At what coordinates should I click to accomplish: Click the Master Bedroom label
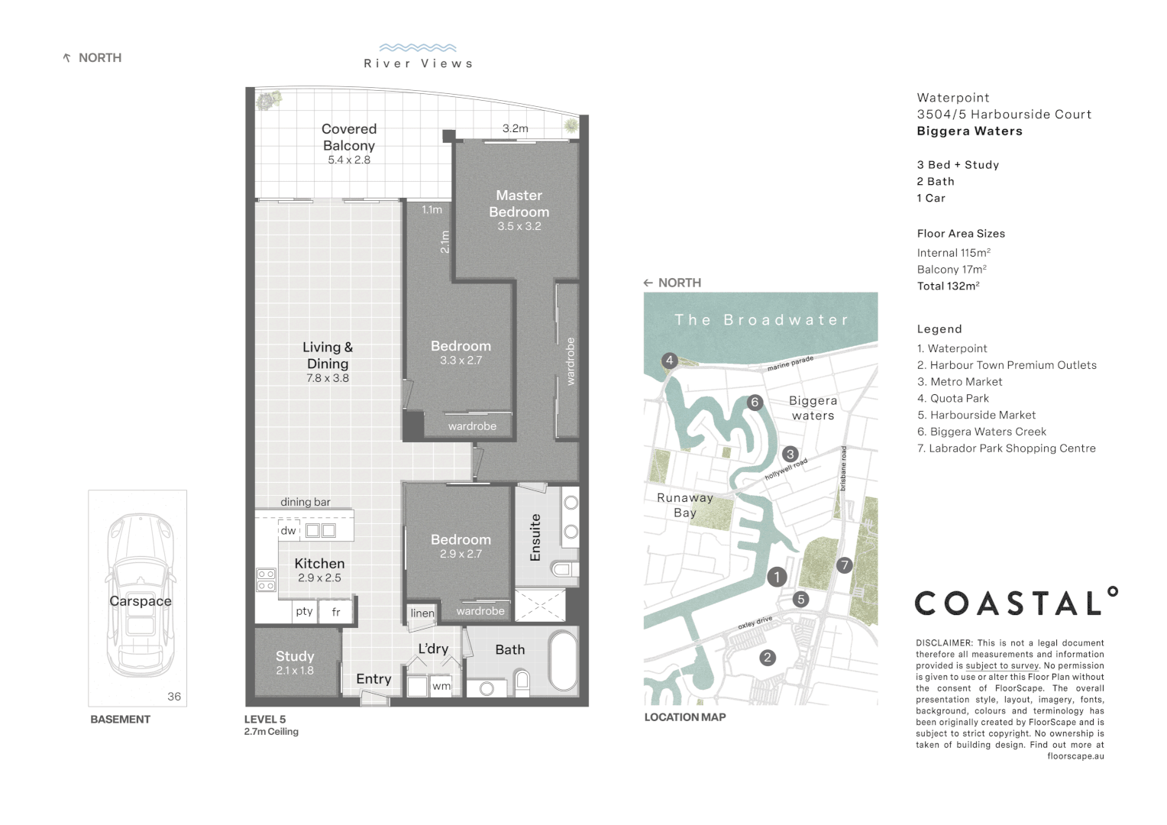tap(519, 204)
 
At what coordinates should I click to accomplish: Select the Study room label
tap(295, 656)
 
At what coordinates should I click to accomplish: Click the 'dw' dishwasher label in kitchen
tap(288, 531)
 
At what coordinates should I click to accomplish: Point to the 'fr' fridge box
tap(336, 612)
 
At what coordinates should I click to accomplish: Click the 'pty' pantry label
tap(304, 611)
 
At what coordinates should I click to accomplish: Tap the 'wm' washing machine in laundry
tap(441, 686)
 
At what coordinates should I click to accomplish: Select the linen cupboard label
tap(422, 613)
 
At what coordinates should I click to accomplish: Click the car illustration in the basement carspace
tap(140, 596)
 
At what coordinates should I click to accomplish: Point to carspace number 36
tap(174, 696)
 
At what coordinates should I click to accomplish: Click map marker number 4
tap(669, 361)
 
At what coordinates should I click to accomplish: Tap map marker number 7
tap(844, 565)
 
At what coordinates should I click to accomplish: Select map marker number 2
tap(768, 657)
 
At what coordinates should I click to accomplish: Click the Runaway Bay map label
tap(685, 505)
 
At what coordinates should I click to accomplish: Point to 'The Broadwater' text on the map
tap(761, 320)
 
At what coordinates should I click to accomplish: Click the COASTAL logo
tap(1016, 603)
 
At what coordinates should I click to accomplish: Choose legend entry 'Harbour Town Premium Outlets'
tap(1007, 365)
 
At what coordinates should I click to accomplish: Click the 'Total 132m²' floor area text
tap(948, 286)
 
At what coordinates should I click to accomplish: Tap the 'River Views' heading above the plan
tap(418, 63)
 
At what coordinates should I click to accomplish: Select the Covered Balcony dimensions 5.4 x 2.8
tap(349, 160)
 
